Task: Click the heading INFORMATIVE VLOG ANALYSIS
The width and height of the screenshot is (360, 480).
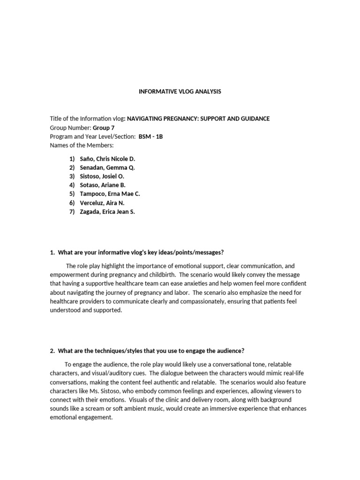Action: [180, 92]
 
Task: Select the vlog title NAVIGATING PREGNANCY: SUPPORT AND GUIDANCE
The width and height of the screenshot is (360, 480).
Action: [198, 119]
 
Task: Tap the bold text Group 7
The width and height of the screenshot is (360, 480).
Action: [103, 127]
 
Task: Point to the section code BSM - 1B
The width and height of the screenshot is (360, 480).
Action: [150, 136]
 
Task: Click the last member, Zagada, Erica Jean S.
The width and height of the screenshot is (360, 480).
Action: [107, 212]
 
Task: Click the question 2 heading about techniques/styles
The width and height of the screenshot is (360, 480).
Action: [147, 351]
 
